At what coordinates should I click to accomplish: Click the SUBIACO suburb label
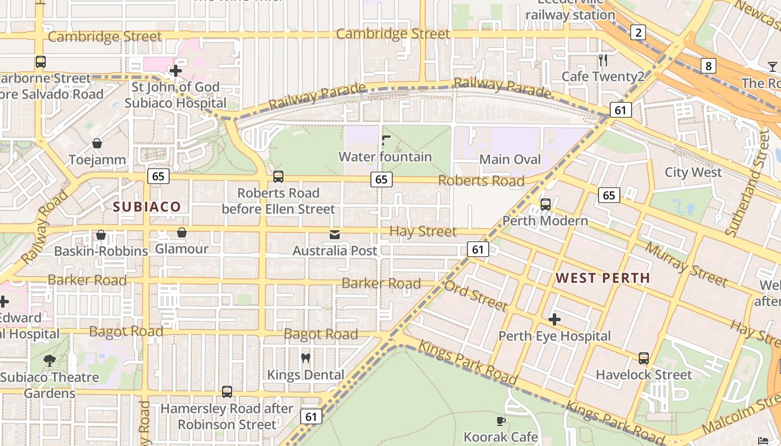[x=147, y=207]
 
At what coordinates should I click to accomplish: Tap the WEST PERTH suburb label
[x=603, y=278]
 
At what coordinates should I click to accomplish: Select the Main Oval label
[x=510, y=159]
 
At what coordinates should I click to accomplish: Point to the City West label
[x=693, y=172]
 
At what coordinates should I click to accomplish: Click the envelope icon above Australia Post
[x=335, y=235]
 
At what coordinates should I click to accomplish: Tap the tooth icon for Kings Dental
[x=305, y=358]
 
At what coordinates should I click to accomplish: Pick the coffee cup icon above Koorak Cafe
[x=500, y=421]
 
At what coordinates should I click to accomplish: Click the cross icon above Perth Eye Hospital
[x=554, y=319]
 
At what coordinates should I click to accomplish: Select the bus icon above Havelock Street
[x=643, y=358]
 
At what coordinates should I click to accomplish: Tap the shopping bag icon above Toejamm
[x=97, y=143]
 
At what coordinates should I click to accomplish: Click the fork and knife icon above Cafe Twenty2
[x=602, y=60]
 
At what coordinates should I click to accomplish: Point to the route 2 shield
[x=638, y=32]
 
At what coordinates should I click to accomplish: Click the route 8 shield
[x=708, y=66]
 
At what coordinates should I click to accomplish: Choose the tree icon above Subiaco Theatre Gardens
[x=50, y=360]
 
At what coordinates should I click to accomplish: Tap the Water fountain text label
[x=385, y=157]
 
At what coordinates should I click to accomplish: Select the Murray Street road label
[x=686, y=263]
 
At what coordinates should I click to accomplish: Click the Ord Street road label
[x=476, y=295]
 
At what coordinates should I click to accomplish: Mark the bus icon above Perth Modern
[x=545, y=204]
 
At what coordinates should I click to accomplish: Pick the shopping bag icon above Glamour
[x=181, y=232]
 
